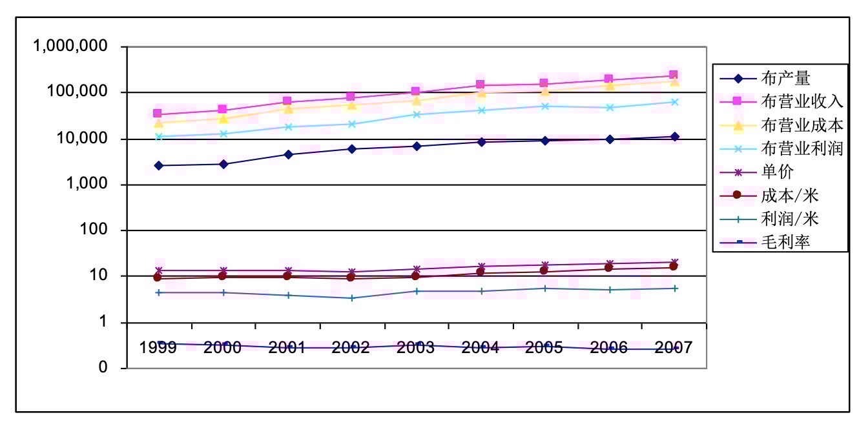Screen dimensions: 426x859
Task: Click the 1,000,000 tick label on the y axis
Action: [x=71, y=46]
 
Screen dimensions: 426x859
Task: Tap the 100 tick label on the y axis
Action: [x=103, y=230]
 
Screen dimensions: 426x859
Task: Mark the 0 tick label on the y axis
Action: [x=116, y=368]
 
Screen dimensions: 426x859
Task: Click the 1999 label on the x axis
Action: [x=159, y=348]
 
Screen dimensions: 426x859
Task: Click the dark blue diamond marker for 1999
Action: [x=159, y=166]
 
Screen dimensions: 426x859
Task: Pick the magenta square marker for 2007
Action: [x=674, y=76]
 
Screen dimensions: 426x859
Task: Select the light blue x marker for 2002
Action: [x=352, y=124]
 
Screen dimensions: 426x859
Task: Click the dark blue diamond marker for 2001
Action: [x=288, y=155]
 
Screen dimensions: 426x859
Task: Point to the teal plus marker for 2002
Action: [x=352, y=298]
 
